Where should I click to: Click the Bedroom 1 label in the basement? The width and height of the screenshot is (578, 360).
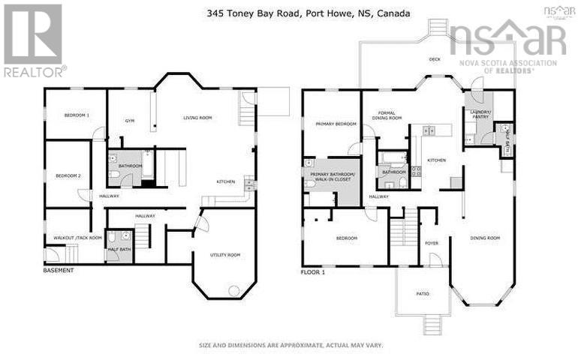(77, 115)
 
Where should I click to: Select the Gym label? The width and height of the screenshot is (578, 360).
(129, 120)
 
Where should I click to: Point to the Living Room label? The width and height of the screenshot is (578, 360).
(198, 118)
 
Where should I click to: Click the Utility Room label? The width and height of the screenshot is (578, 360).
(224, 256)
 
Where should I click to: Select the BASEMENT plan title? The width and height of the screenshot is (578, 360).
(59, 270)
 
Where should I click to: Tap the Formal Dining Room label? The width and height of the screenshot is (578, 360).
(390, 115)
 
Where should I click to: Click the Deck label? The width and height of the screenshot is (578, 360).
(434, 58)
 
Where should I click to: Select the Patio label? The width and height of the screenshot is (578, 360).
(423, 293)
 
